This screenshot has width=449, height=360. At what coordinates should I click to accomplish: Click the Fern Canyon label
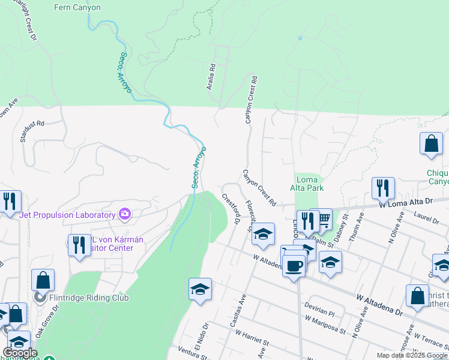click(x=77, y=8)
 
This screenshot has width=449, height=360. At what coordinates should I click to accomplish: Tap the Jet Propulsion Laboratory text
click(x=67, y=215)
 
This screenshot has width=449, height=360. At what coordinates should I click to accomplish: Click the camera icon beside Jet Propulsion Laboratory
click(x=124, y=214)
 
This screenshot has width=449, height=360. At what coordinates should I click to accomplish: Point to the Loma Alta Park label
click(x=310, y=184)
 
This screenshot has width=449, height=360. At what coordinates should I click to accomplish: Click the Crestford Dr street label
click(x=231, y=209)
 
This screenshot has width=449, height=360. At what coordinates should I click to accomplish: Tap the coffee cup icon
click(x=294, y=265)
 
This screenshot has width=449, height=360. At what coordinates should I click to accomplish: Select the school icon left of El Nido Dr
click(x=200, y=290)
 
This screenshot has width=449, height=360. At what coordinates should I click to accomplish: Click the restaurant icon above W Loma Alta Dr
click(x=382, y=188)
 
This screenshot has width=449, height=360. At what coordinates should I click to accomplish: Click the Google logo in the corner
click(x=19, y=353)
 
